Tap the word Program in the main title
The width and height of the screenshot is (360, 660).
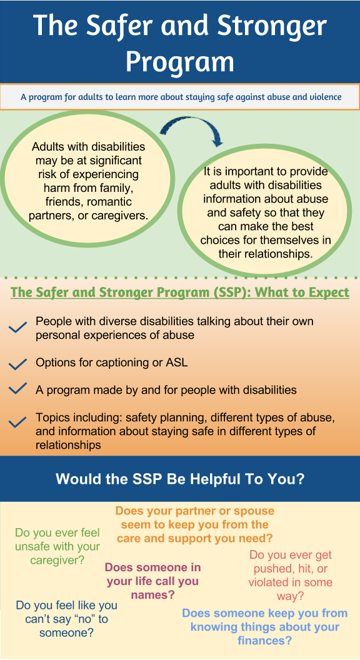pyautogui.click(x=180, y=62)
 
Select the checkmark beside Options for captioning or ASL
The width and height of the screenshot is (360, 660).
pyautogui.click(x=17, y=364)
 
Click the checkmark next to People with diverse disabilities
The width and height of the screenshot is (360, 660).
pyautogui.click(x=17, y=327)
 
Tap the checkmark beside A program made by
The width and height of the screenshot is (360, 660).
pyautogui.click(x=17, y=389)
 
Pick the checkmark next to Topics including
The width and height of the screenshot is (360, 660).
pyautogui.click(x=17, y=422)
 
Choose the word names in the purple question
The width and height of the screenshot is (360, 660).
pyautogui.click(x=153, y=595)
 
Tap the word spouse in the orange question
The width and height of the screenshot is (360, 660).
pyautogui.click(x=252, y=511)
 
